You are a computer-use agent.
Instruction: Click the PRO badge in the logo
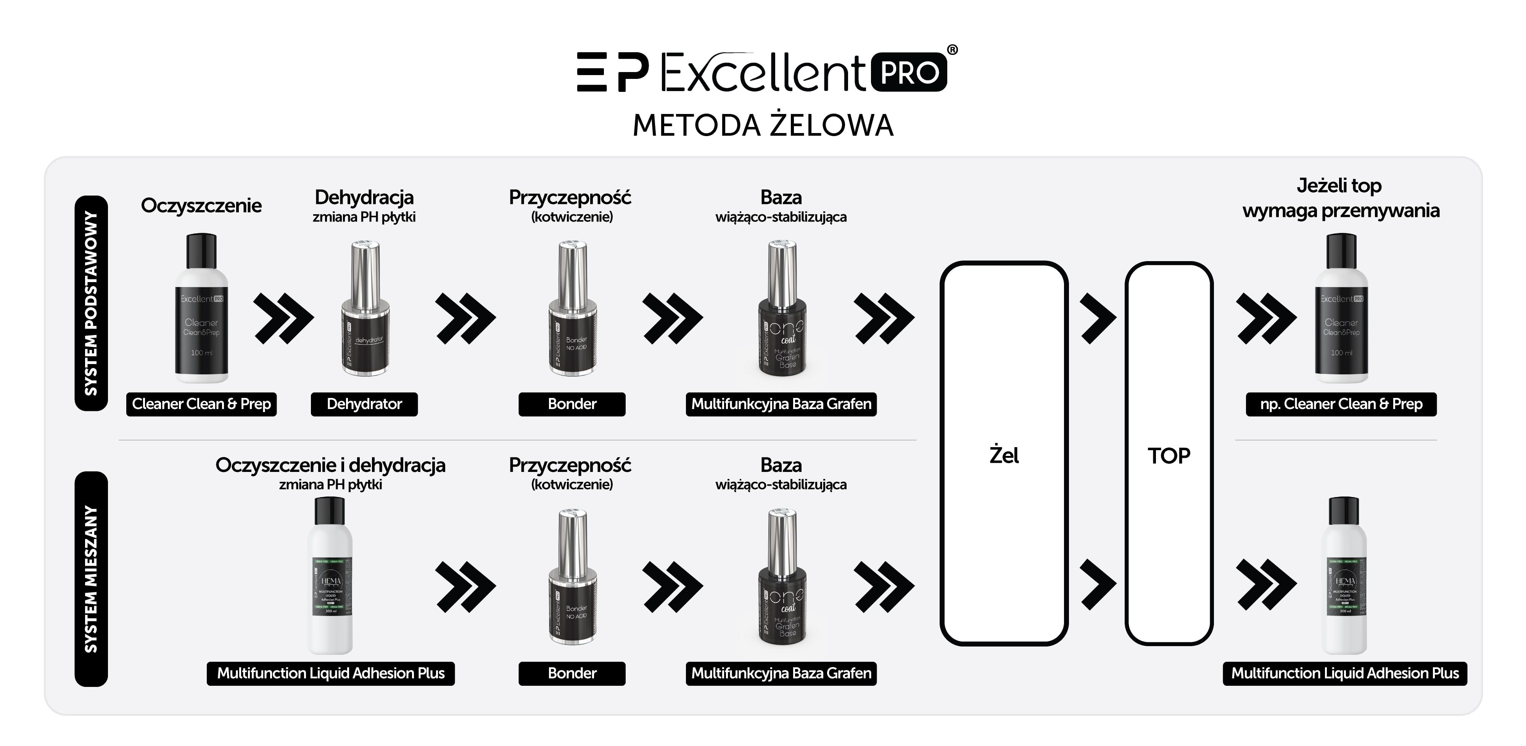pyautogui.click(x=909, y=72)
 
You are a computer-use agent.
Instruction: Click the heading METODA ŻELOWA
pyautogui.click(x=763, y=125)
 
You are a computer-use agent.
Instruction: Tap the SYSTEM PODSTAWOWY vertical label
pyautogui.click(x=91, y=303)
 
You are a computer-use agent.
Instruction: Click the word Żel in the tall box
pyautogui.click(x=1004, y=455)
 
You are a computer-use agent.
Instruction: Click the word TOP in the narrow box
pyautogui.click(x=1169, y=455)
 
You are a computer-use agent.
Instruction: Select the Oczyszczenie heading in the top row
pyautogui.click(x=201, y=205)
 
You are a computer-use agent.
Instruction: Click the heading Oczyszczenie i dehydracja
pyautogui.click(x=330, y=465)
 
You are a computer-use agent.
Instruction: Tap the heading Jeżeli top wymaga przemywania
pyautogui.click(x=1340, y=198)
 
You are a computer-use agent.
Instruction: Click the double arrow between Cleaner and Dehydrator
pyautogui.click(x=283, y=318)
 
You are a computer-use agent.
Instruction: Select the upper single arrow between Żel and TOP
pyautogui.click(x=1097, y=318)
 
